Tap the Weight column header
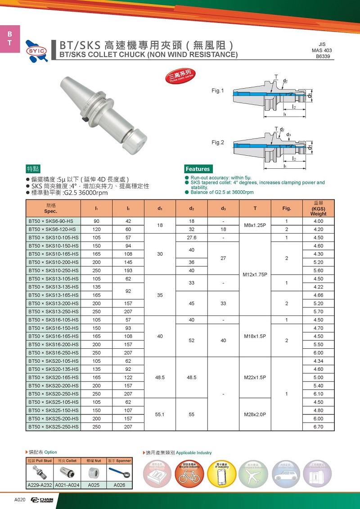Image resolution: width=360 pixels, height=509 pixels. pyautogui.click(x=318, y=209)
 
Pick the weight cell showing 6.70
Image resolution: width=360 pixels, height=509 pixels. pyautogui.click(x=318, y=427)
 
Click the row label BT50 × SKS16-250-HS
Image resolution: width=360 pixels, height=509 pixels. pyautogui.click(x=54, y=353)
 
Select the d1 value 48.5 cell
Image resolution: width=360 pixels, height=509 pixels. pyautogui.click(x=160, y=378)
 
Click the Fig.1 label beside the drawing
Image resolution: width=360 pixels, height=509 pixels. pyautogui.click(x=218, y=91)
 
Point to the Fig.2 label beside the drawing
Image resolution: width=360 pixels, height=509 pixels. pyautogui.click(x=218, y=143)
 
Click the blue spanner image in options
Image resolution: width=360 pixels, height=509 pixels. pyautogui.click(x=120, y=473)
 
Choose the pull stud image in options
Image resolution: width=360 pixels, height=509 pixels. pyautogui.click(x=40, y=473)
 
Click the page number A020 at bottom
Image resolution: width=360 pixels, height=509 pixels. pyautogui.click(x=19, y=500)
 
